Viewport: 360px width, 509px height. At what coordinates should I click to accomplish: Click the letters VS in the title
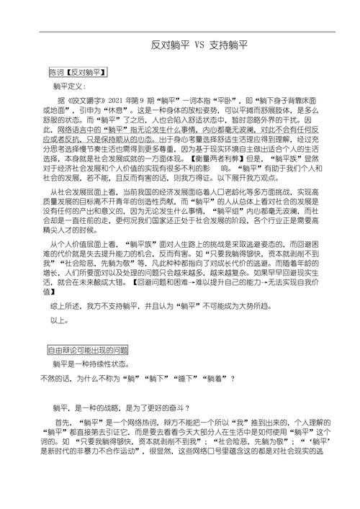pos(199,45)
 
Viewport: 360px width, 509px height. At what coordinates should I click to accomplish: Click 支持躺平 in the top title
pos(229,45)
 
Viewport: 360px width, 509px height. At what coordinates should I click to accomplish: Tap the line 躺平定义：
pos(74,86)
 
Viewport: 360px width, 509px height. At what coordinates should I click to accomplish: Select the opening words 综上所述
pos(70,305)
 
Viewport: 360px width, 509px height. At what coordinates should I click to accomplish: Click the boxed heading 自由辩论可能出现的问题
pos(89,349)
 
